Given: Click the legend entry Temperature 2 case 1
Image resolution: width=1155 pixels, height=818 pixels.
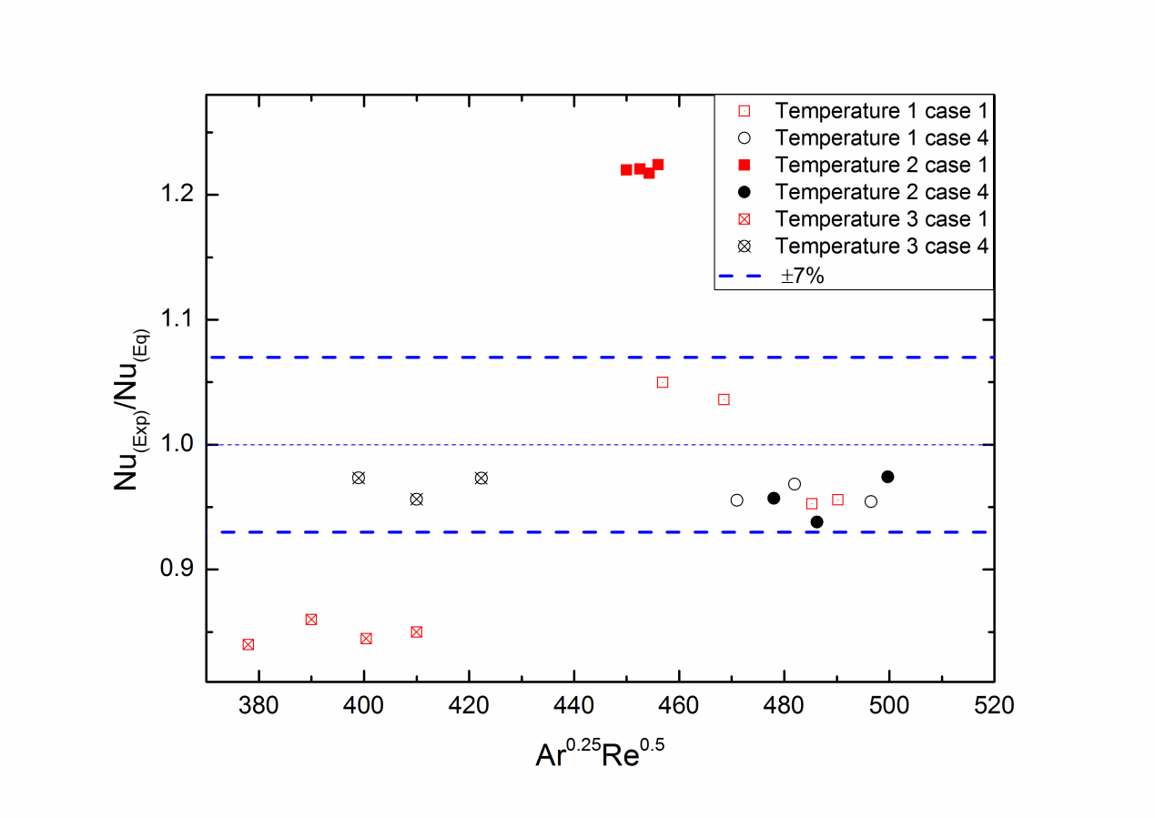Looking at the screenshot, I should (881, 165).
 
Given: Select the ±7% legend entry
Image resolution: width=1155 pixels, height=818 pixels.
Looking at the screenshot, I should (799, 274).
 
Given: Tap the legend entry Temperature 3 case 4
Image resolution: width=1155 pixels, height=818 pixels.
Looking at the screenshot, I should (881, 246).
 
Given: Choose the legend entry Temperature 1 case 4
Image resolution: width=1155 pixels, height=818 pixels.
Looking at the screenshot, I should (881, 138).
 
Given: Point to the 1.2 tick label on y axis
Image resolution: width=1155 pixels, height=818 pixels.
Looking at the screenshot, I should (175, 195).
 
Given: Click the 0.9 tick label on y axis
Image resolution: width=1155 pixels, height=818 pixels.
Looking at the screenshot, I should (175, 570).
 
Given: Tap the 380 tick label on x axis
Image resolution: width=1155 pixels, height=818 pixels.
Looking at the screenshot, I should (258, 705).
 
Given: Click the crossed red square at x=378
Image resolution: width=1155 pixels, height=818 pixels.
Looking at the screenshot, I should (248, 644).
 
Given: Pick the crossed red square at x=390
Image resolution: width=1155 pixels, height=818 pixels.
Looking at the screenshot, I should (311, 620).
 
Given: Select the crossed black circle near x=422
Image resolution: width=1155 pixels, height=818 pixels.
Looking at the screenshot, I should (481, 478).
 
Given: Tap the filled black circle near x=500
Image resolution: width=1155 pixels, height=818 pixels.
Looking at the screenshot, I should (887, 477).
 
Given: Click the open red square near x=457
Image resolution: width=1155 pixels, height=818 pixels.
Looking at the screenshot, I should (663, 382).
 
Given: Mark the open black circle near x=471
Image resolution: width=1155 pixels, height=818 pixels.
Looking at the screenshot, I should (737, 500).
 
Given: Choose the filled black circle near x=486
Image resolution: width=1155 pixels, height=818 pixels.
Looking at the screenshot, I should (816, 521).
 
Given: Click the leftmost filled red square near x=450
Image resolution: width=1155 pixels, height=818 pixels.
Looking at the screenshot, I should (626, 170).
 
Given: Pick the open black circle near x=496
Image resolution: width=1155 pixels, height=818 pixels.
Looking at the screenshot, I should (871, 501).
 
